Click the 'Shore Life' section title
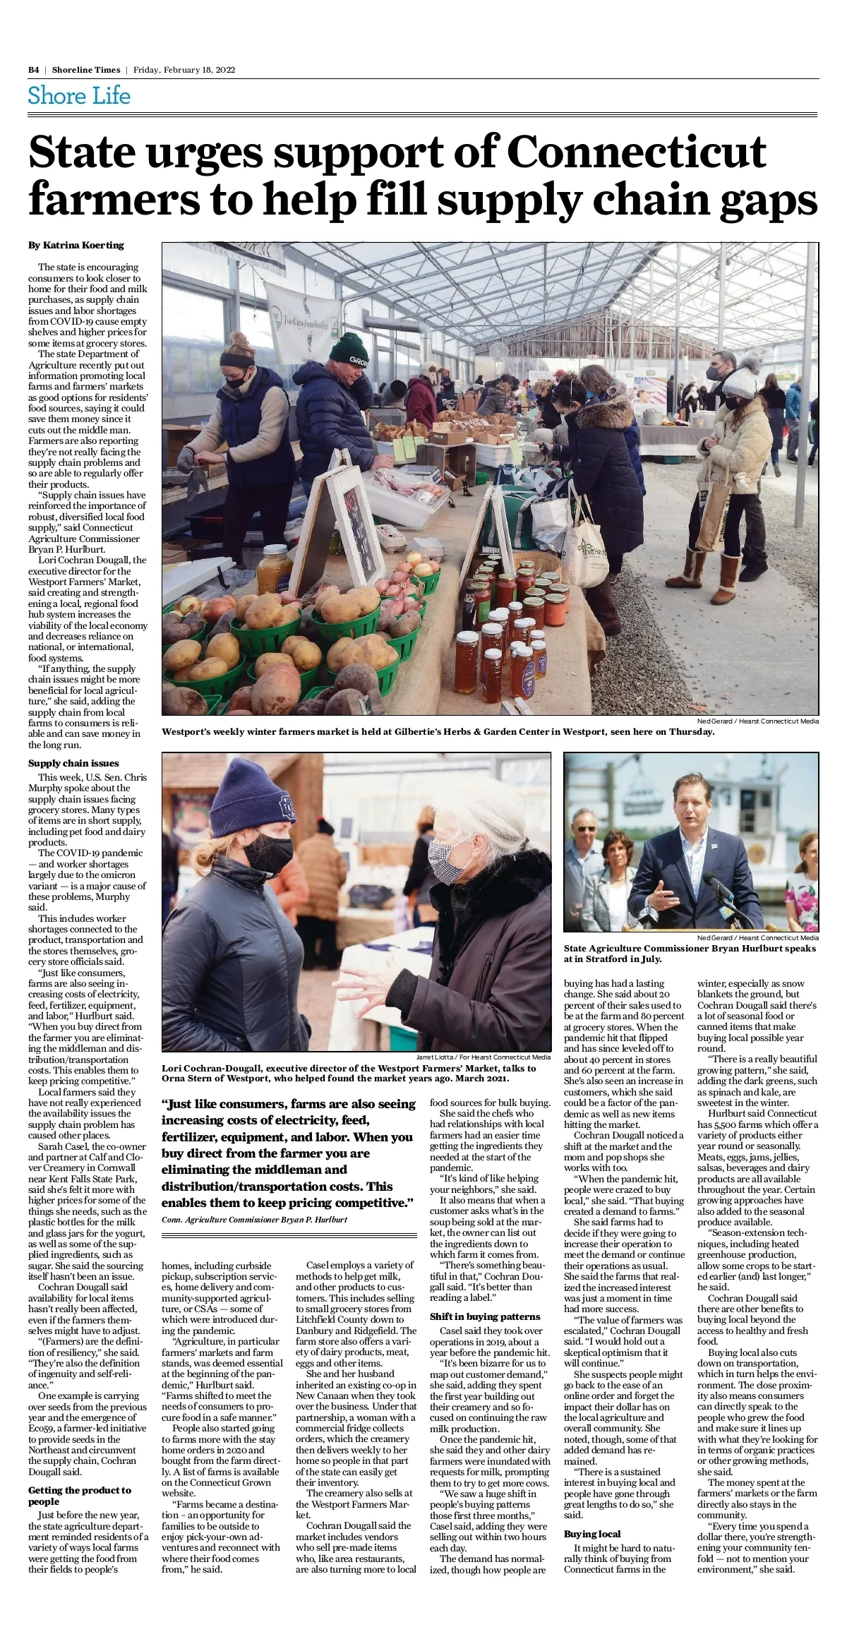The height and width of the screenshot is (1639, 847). [79, 96]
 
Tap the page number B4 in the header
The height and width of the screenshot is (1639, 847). [33, 70]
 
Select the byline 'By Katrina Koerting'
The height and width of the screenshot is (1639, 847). [76, 245]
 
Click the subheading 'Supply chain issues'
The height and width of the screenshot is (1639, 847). [73, 763]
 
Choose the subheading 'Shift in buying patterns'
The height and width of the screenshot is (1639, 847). [485, 1316]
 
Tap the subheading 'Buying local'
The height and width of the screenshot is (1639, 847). [592, 1534]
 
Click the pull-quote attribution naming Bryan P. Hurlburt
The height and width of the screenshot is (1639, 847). [254, 1220]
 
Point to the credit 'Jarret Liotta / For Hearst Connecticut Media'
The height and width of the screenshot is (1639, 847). [483, 1057]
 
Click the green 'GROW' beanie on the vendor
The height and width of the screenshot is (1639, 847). [350, 350]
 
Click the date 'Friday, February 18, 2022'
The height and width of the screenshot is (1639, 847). [184, 70]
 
